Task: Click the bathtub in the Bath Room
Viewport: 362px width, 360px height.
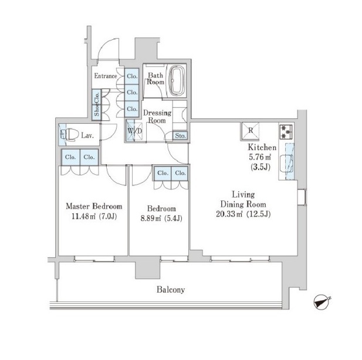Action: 177,81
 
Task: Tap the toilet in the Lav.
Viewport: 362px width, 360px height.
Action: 69,134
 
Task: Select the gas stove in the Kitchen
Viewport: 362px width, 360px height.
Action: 286,132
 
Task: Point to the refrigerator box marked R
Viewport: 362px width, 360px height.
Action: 251,131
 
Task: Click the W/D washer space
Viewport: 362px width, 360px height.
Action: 134,131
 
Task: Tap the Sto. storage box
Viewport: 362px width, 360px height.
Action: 180,135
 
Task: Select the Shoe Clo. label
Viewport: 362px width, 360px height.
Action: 96,104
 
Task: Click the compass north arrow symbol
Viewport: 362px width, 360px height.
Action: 322,302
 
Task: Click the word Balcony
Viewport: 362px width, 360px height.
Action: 171,290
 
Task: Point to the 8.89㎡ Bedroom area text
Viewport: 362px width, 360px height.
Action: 151,218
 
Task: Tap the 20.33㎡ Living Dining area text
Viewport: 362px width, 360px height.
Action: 229,214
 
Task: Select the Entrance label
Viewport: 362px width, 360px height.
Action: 106,76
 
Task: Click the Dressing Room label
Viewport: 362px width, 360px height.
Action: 157,117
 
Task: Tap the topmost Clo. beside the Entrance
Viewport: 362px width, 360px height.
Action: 132,76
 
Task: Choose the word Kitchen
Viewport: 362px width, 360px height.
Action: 262,147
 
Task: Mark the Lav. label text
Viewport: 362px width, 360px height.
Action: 87,135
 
